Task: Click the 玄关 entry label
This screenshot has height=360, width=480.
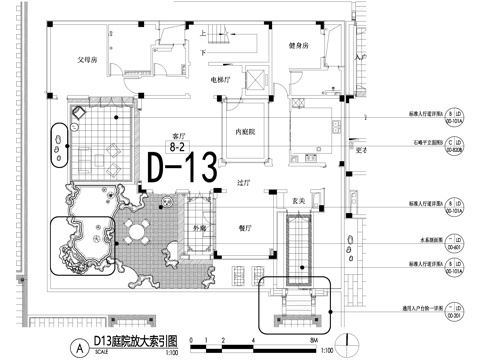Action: click(x=297, y=202)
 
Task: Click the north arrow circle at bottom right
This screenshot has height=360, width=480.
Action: click(x=346, y=341)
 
